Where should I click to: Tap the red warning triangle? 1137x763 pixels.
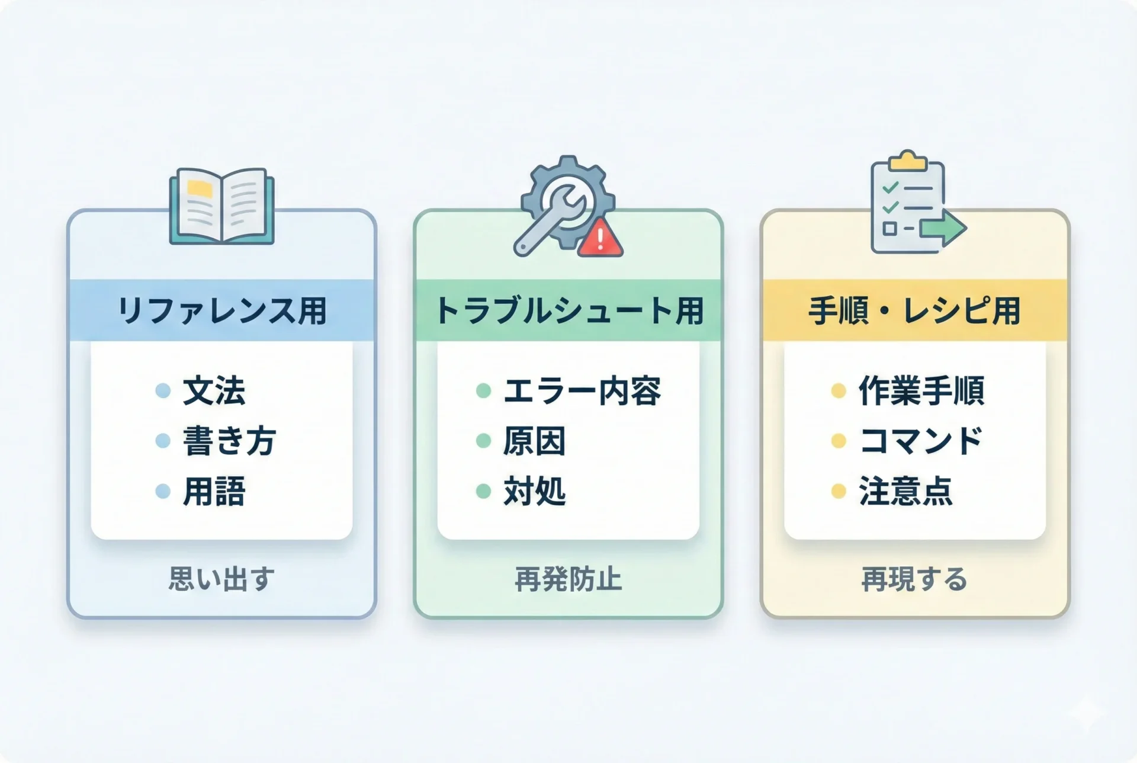(x=600, y=237)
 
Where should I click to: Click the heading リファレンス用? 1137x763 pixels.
(x=222, y=310)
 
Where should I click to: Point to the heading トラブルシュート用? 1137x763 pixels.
(x=568, y=310)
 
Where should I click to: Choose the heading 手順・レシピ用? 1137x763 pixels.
(x=915, y=310)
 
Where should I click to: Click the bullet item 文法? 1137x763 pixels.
(x=214, y=391)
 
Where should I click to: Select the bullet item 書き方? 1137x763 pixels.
(x=229, y=441)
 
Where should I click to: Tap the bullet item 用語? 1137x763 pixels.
(x=214, y=492)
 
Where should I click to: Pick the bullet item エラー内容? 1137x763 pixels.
(x=582, y=391)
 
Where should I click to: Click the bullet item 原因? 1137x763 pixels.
(x=535, y=441)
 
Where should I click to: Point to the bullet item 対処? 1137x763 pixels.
(x=535, y=492)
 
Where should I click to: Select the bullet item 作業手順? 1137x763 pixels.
(x=921, y=391)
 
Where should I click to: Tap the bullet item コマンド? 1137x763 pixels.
(x=921, y=441)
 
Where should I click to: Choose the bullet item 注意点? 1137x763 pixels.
(x=905, y=492)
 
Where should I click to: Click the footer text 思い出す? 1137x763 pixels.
(x=221, y=579)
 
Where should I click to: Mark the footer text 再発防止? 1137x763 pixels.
(x=568, y=579)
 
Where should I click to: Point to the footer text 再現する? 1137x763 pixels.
(x=914, y=579)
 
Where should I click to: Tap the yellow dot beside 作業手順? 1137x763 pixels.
(x=839, y=391)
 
